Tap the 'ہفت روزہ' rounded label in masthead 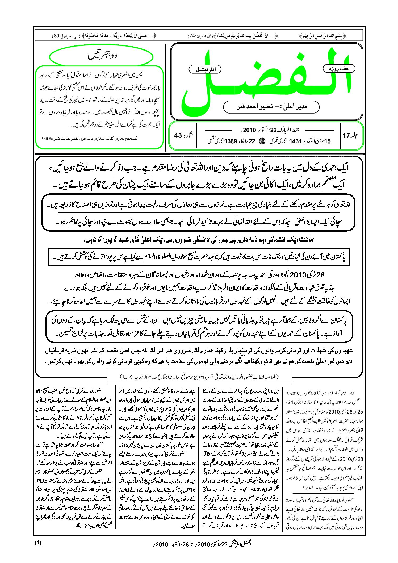click(339, 69)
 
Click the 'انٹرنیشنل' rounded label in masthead click(205, 69)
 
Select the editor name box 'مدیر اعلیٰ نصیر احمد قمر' click(271, 107)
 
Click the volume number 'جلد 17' click(350, 135)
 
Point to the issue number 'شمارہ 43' click(183, 135)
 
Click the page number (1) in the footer click(38, 543)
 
